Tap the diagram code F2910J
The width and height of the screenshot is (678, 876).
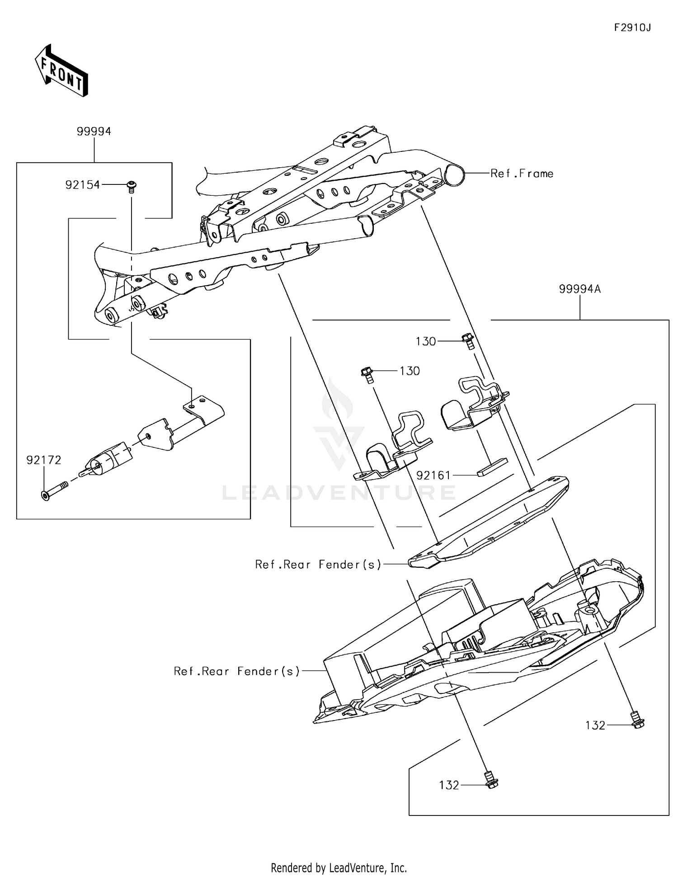click(632, 28)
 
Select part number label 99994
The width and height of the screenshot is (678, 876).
click(94, 132)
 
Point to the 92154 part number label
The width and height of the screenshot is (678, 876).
click(82, 185)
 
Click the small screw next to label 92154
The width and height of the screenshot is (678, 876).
click(132, 186)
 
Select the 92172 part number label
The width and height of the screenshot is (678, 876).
click(43, 460)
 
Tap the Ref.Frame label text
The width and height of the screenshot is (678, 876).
click(522, 174)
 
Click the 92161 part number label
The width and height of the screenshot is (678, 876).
click(433, 476)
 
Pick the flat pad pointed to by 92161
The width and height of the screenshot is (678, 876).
click(492, 467)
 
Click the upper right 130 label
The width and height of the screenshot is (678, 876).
click(426, 342)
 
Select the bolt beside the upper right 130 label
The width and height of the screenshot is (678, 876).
click(468, 341)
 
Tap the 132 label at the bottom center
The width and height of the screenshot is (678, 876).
click(449, 785)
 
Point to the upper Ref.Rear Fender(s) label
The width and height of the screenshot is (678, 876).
click(318, 565)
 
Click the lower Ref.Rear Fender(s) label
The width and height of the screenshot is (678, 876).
click(237, 671)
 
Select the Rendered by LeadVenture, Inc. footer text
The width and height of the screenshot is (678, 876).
click(339, 867)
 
